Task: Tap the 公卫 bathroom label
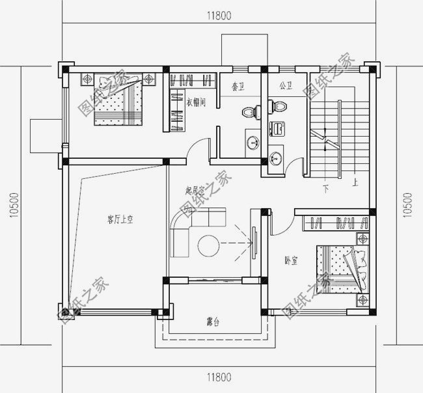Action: click(284, 85)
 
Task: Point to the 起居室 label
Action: click(195, 191)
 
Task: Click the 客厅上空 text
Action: click(120, 220)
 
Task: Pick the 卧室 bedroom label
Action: click(291, 260)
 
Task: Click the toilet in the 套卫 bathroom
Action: click(249, 111)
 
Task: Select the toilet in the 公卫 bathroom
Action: click(279, 105)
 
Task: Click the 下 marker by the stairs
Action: click(325, 189)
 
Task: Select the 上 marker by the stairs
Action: click(355, 183)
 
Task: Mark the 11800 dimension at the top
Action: click(219, 14)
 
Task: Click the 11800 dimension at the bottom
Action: click(219, 377)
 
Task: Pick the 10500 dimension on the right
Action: click(408, 204)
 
